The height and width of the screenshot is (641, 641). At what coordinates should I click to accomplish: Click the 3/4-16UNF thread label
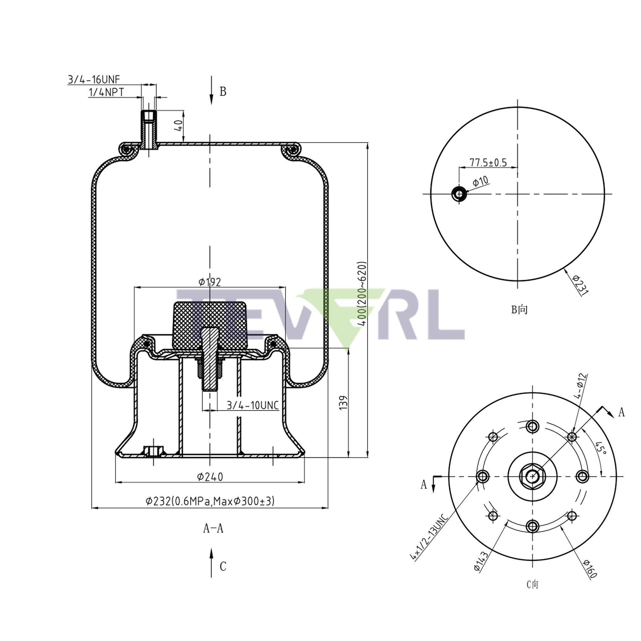tap(94, 79)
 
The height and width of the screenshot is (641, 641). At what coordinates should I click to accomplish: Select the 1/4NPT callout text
tap(106, 92)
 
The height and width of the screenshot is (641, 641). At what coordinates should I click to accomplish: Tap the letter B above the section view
tap(223, 92)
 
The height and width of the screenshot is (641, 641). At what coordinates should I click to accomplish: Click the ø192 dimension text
tap(210, 282)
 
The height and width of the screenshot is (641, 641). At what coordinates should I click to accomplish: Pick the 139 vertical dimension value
tap(343, 402)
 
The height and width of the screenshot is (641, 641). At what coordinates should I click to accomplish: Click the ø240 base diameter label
tap(210, 477)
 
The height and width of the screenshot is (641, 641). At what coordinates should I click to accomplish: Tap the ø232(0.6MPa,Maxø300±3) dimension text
tap(210, 501)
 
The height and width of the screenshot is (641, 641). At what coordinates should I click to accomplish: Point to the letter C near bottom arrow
tap(223, 566)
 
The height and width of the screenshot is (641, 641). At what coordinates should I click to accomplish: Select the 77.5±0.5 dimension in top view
tap(488, 162)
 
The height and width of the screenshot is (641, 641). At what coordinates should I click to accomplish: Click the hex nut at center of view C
tap(532, 477)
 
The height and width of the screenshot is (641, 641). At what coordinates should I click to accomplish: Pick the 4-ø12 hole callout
tap(582, 386)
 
